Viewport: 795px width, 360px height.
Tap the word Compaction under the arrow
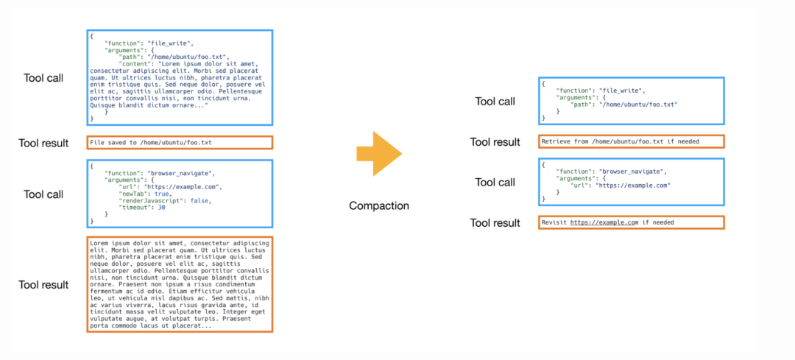(x=379, y=205)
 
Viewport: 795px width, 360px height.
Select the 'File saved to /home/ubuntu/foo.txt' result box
(x=180, y=142)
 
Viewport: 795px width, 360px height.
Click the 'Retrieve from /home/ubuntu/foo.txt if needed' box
(x=631, y=141)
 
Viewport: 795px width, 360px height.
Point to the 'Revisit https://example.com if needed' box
(x=631, y=222)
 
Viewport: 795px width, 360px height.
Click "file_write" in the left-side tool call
(x=168, y=43)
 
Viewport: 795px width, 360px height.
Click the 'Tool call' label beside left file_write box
(x=43, y=78)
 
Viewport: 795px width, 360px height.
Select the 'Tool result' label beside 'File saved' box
(x=43, y=143)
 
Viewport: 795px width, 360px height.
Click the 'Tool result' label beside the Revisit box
(x=495, y=222)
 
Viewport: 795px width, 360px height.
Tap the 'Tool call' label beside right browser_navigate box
(x=495, y=182)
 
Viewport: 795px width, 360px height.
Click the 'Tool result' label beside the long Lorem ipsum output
(x=43, y=285)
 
